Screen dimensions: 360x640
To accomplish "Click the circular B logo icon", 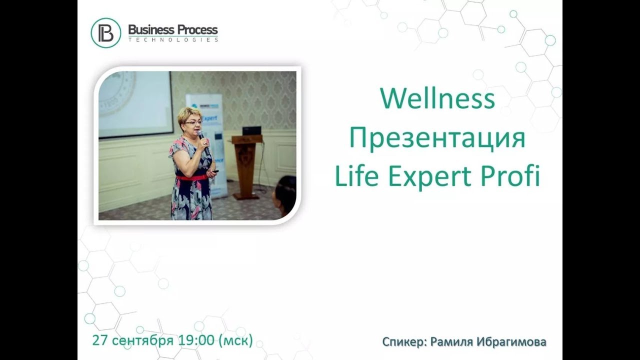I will [x=105, y=32].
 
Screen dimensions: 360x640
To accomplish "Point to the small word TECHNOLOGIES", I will [x=173, y=39].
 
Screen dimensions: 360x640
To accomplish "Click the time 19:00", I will [x=196, y=341].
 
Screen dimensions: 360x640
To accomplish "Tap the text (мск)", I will [x=235, y=341].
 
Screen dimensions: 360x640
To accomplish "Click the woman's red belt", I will [x=192, y=177].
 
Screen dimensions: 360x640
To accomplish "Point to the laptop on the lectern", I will [x=251, y=131].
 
